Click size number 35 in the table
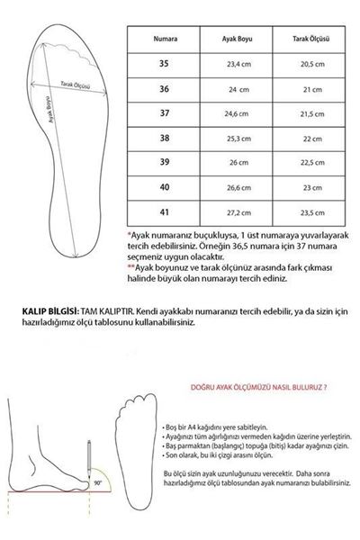pos(163,65)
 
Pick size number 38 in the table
pos(163,139)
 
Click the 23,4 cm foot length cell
pos(238,65)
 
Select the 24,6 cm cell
pos(238,114)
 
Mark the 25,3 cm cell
pos(238,139)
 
